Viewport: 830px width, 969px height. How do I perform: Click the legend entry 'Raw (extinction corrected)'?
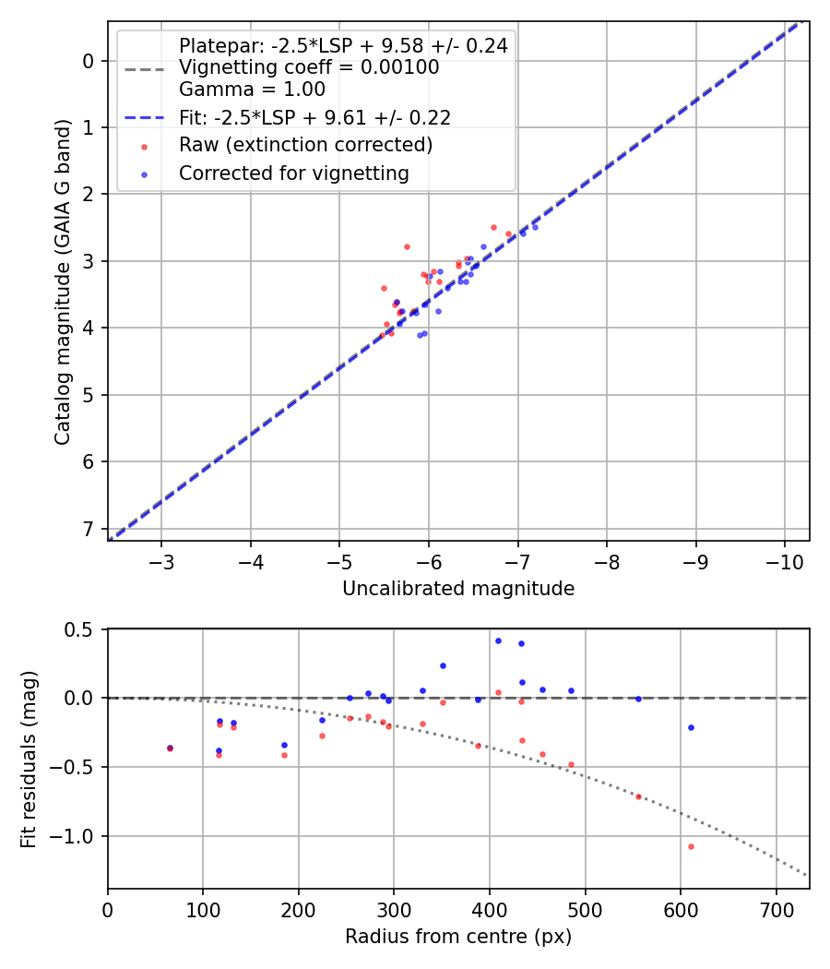pos(305,145)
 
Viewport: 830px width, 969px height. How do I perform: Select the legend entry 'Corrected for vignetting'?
pos(293,173)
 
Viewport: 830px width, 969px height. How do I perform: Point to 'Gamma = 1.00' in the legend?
pos(252,90)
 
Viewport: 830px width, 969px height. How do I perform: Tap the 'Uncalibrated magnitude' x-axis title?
pos(458,589)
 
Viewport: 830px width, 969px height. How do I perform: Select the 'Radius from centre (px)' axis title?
pos(458,937)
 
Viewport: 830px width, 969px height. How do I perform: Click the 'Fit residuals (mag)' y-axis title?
pos(29,759)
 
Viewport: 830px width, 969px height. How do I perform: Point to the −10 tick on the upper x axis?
pos(785,562)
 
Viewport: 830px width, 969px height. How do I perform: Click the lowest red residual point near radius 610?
pos(690,846)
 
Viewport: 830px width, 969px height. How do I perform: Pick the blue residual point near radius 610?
pos(690,727)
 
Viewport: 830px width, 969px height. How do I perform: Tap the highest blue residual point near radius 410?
pos(498,640)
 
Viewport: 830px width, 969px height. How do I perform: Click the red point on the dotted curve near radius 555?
pos(638,796)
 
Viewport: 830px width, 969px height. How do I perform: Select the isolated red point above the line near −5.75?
pos(407,246)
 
